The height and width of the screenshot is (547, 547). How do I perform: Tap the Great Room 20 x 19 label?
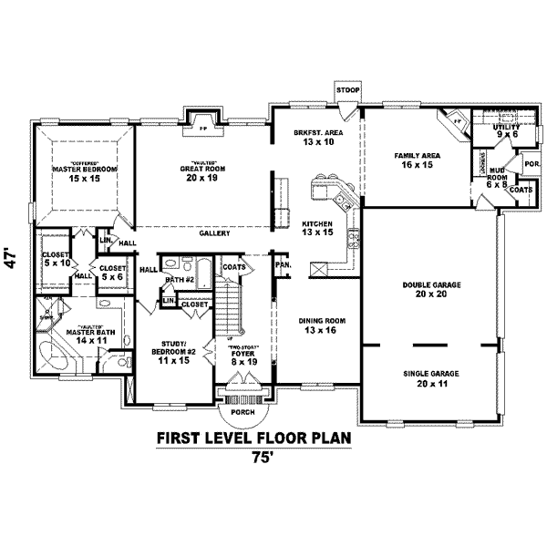click(202, 172)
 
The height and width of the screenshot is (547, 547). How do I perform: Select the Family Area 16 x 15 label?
click(418, 160)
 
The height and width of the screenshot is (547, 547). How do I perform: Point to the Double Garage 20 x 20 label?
click(431, 291)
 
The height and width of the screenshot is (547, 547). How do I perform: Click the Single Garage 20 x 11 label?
click(431, 378)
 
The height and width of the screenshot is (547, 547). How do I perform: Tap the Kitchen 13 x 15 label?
click(317, 228)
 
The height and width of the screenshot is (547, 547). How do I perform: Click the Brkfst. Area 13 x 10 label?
click(314, 138)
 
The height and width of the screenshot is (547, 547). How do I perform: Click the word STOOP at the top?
click(346, 91)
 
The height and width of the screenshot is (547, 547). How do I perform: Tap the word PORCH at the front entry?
click(243, 412)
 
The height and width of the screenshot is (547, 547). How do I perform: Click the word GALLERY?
click(215, 233)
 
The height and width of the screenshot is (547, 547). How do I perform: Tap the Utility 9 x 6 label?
click(506, 129)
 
